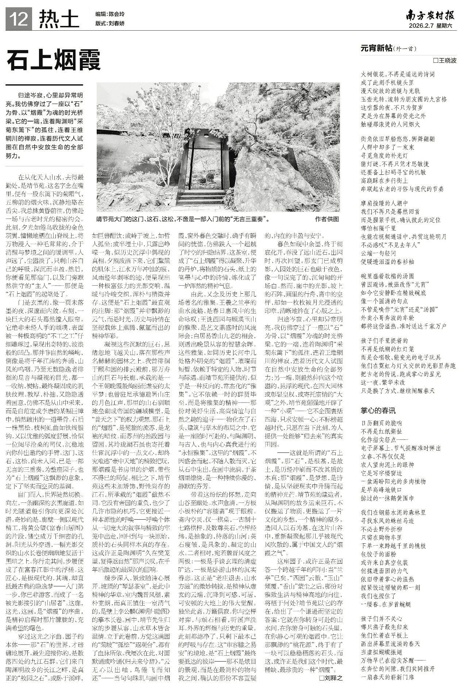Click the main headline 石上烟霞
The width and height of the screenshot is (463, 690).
pyautogui.click(x=54, y=61)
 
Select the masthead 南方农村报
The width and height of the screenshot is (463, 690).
pyautogui.click(x=431, y=16)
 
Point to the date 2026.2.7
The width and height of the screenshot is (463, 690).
pyautogui.click(x=422, y=26)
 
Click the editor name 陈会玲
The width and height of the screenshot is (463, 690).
pyautogui.click(x=116, y=14)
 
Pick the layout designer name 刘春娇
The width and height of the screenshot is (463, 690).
pyautogui.click(x=116, y=23)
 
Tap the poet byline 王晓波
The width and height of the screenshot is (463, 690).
pyautogui.click(x=447, y=60)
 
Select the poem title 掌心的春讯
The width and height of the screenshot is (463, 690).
pyautogui.click(x=378, y=410)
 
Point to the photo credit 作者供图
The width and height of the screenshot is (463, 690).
pyautogui.click(x=327, y=219)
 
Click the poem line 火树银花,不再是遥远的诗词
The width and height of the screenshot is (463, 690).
pyautogui.click(x=398, y=74)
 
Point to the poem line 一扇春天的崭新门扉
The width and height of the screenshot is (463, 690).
pyautogui.click(x=387, y=677)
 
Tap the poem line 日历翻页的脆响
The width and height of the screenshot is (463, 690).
pyautogui.click(x=381, y=423)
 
